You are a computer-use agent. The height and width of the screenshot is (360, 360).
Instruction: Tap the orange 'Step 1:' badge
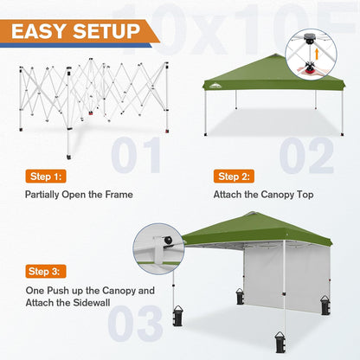[x=47, y=176]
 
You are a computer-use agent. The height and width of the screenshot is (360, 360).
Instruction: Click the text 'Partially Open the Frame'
[x=79, y=195]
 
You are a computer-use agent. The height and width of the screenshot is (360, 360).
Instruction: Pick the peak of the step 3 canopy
[x=247, y=214]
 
